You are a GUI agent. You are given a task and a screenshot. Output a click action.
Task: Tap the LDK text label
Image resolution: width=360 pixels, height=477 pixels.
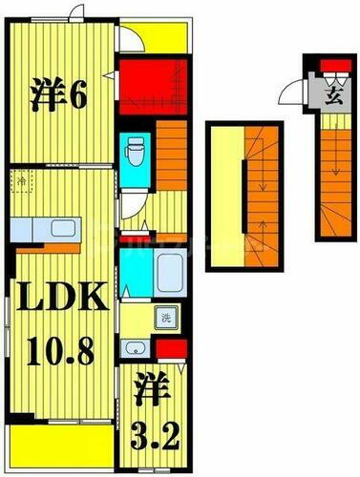pyautogui.click(x=59, y=302)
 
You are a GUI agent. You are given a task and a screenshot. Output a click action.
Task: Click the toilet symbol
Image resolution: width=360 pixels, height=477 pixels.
pyautogui.click(x=135, y=149)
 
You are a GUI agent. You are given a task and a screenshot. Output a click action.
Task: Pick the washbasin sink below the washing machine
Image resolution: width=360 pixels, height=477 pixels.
pyautogui.click(x=134, y=348)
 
